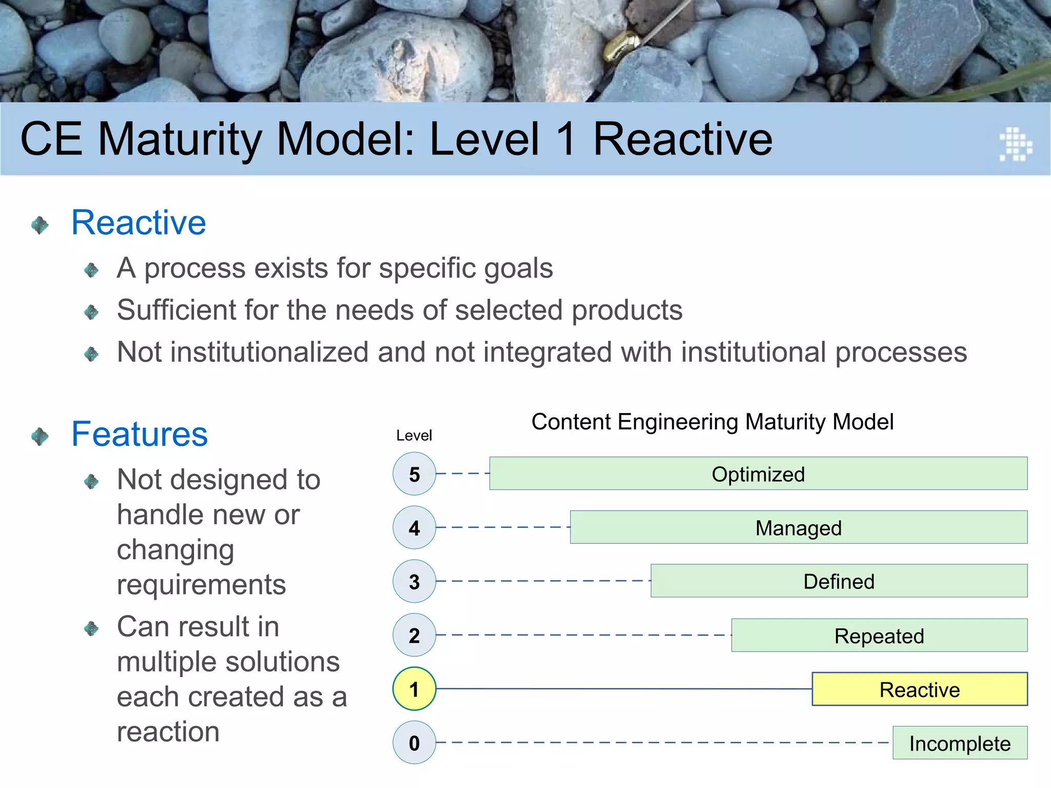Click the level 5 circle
(414, 474)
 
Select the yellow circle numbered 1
(414, 688)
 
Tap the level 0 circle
(414, 742)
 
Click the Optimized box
(758, 474)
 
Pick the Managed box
(799, 527)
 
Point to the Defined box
(839, 581)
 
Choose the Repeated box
(879, 635)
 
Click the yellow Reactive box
(919, 689)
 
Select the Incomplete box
(960, 743)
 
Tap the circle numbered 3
(414, 581)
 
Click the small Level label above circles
(414, 436)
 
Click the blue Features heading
(139, 435)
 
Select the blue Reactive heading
(139, 223)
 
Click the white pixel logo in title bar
(1015, 144)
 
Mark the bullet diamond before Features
(40, 437)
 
